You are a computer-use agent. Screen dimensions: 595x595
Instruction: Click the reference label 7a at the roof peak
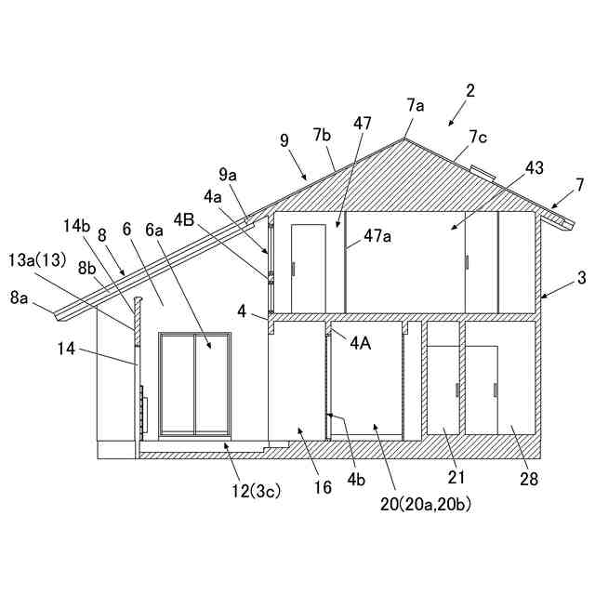pos(415,106)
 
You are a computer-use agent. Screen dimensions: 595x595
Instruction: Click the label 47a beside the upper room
pos(377,236)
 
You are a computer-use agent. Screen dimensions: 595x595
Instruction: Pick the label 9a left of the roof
pos(228,174)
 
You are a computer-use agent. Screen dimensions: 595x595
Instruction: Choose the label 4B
pos(210,220)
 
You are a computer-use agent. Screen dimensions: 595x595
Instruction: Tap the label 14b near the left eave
pos(78,226)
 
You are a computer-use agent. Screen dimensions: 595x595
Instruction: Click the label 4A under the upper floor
pos(362,341)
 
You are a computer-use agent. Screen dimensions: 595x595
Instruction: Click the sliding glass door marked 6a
pos(194,383)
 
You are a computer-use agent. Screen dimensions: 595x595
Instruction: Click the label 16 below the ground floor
pos(323,486)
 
